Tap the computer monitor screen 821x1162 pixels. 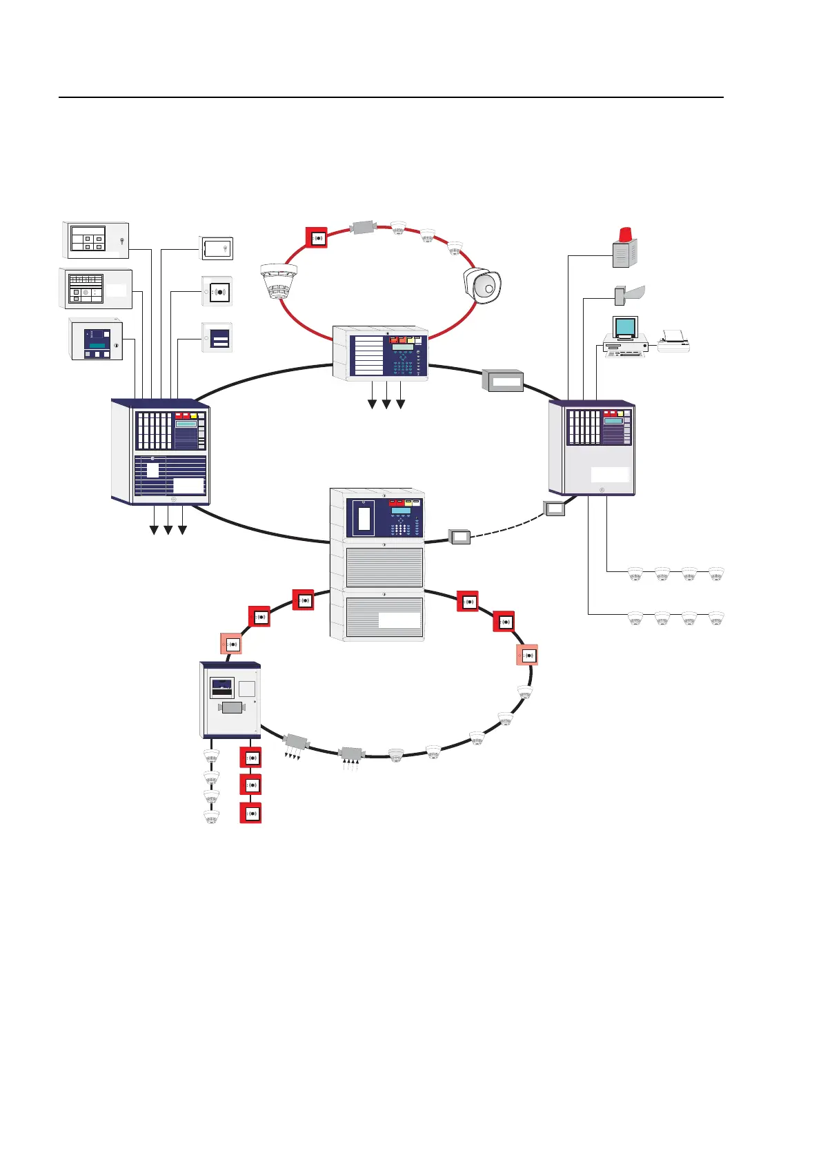[625, 326]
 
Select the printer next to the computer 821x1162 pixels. [673, 341]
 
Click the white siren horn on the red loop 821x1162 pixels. [482, 285]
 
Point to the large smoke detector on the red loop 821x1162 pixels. [279, 281]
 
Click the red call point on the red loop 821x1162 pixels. [317, 238]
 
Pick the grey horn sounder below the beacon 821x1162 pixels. [629, 294]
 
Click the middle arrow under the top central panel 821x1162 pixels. [386, 404]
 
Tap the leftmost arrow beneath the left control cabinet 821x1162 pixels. [153, 529]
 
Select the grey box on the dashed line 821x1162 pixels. [459, 536]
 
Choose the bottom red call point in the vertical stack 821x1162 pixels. [250, 813]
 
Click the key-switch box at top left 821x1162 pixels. [97, 239]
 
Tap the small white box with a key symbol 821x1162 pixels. [217, 248]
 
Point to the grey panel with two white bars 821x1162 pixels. [217, 338]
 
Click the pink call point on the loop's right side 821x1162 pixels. [528, 655]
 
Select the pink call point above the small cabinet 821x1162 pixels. [231, 644]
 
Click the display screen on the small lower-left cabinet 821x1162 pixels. [222, 687]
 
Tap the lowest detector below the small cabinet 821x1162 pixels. [211, 817]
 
